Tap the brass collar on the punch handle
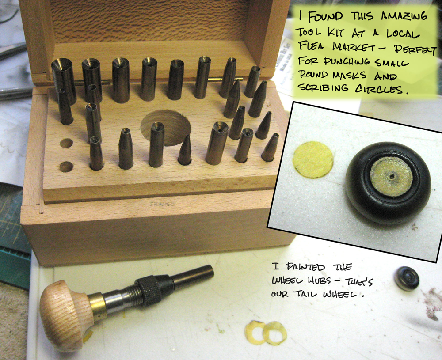click(x=98, y=307)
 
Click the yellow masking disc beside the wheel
click(x=313, y=160)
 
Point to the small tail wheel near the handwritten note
click(x=407, y=278)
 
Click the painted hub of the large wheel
click(x=391, y=177)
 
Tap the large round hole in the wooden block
click(x=165, y=128)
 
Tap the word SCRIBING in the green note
click(x=324, y=87)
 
